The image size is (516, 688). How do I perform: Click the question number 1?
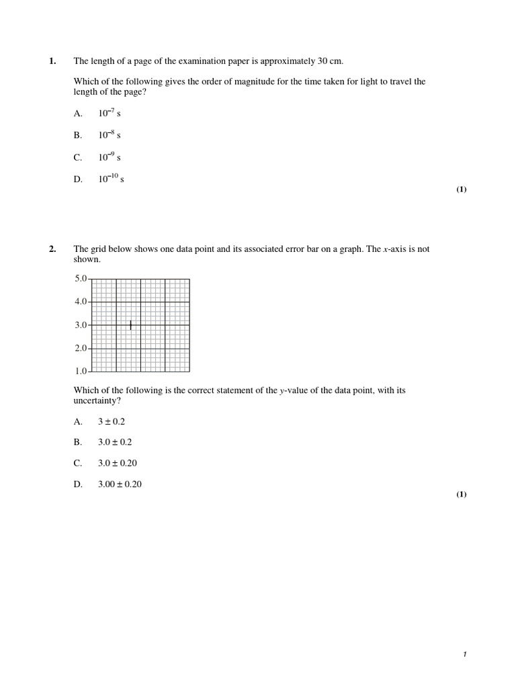[52, 61]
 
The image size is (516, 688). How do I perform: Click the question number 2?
[52, 249]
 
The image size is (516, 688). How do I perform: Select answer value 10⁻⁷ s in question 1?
[110, 113]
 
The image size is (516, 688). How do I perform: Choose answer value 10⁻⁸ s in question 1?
[110, 134]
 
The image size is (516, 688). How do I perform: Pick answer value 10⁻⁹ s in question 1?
[110, 157]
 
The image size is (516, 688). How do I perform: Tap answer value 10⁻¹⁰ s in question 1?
[112, 179]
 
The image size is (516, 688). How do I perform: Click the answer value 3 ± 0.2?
[112, 421]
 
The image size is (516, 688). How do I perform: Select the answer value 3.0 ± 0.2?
[115, 442]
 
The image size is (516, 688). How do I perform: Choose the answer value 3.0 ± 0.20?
[118, 463]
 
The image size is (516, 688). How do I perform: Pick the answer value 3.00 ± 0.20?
[120, 484]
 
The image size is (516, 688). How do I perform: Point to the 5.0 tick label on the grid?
[81, 278]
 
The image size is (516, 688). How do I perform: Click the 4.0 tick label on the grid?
[81, 302]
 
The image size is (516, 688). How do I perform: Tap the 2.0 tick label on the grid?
[81, 348]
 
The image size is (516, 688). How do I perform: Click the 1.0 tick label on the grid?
[81, 371]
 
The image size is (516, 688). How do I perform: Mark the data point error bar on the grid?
[130, 325]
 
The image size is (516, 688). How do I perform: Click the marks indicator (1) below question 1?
[461, 189]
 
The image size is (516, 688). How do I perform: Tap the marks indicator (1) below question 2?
[461, 494]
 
